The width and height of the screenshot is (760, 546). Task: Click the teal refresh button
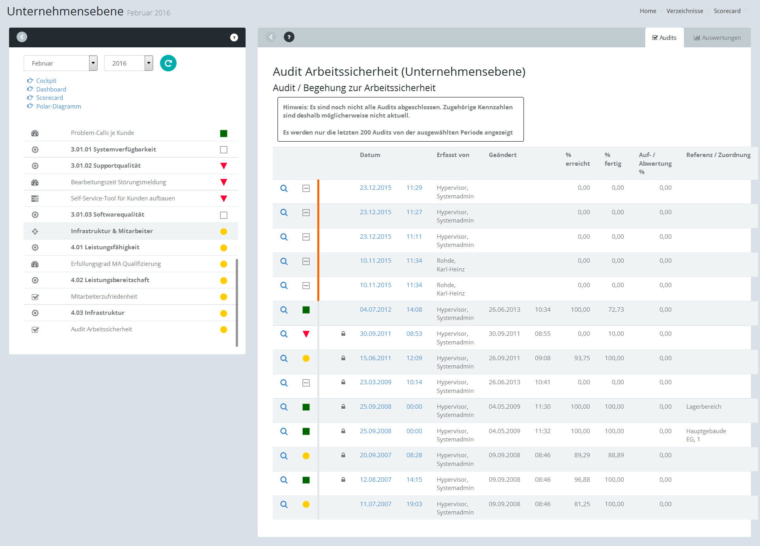click(x=168, y=63)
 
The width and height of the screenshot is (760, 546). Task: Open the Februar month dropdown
click(x=93, y=63)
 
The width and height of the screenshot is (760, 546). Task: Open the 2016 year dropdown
click(x=149, y=63)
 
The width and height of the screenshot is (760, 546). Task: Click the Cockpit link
click(x=46, y=80)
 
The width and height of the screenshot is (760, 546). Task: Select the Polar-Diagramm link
click(x=58, y=106)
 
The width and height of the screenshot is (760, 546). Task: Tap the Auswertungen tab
click(x=717, y=37)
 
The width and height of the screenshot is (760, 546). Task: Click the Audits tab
click(x=664, y=37)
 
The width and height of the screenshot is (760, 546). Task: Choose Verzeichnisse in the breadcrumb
click(x=685, y=11)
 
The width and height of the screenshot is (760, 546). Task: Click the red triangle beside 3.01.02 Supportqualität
click(x=224, y=166)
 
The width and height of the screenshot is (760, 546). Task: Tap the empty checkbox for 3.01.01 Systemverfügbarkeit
click(x=224, y=150)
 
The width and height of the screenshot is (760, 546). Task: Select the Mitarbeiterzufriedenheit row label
click(x=104, y=296)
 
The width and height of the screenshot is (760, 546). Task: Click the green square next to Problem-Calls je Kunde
click(x=224, y=133)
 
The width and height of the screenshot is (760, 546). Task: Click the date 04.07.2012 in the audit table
click(x=375, y=309)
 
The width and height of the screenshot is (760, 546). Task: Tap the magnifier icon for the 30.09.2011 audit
click(x=284, y=334)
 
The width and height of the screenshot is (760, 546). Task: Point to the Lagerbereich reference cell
click(x=704, y=406)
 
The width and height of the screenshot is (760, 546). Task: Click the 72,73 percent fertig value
click(x=616, y=309)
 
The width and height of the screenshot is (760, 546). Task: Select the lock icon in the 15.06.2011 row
click(x=343, y=358)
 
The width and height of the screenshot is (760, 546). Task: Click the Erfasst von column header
click(x=453, y=155)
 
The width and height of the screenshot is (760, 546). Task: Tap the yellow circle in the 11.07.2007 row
click(x=306, y=504)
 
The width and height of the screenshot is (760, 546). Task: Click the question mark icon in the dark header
click(x=234, y=37)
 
